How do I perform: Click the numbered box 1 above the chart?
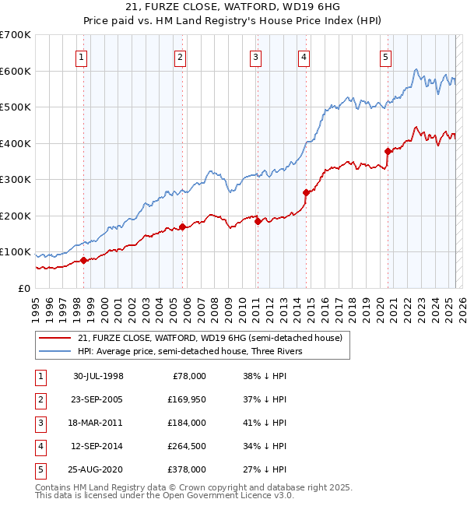(82, 57)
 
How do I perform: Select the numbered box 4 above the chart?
(304, 57)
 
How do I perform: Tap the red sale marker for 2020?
(387, 151)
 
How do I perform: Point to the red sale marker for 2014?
(306, 192)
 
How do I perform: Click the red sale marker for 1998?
(83, 260)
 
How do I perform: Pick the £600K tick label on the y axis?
(16, 71)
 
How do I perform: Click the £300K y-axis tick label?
(16, 180)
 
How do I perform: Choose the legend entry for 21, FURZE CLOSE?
(210, 338)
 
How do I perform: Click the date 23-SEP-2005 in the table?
(97, 399)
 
